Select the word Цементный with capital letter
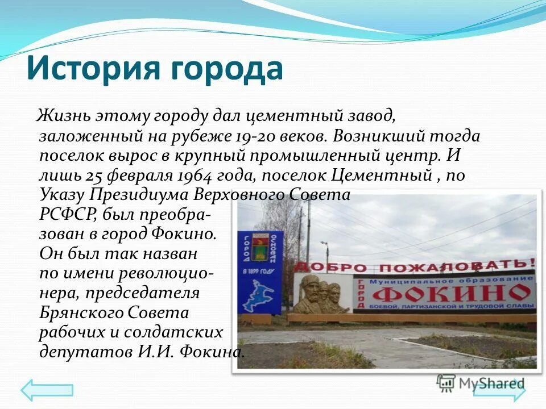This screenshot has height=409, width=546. [387, 176]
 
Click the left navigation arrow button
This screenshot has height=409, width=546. [47, 390]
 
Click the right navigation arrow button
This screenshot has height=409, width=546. [499, 390]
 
